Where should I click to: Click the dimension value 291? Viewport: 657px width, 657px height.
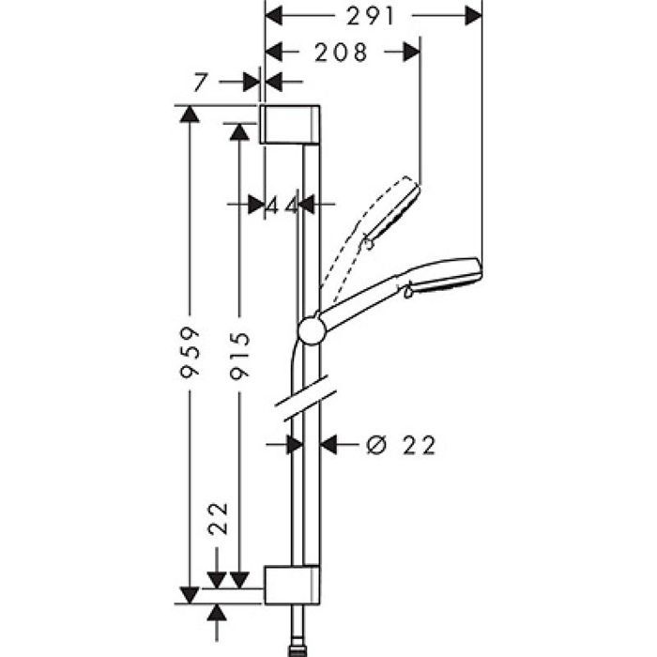tap(371, 16)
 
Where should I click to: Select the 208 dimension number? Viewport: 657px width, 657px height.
tap(341, 53)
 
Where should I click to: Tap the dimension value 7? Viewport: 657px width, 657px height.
tap(200, 83)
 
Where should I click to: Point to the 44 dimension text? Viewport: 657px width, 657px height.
tap(283, 206)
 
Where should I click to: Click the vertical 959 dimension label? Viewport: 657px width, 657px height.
tap(190, 353)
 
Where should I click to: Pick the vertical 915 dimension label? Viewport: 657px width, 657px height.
tap(239, 355)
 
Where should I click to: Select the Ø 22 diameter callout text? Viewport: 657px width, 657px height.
tap(401, 445)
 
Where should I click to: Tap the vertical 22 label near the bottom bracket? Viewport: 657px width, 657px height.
tap(219, 519)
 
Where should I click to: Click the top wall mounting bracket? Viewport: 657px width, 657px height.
tap(290, 125)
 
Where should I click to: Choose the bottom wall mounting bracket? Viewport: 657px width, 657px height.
tap(292, 586)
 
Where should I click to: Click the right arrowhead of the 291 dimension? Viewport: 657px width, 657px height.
tap(473, 16)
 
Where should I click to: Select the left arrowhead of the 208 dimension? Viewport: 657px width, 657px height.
tap(274, 53)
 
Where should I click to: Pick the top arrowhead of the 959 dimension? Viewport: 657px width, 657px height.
tap(189, 114)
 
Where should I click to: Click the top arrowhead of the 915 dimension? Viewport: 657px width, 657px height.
tap(239, 132)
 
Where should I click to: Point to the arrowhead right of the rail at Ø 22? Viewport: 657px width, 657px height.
tap(328, 445)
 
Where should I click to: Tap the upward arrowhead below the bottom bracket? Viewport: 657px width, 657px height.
tap(217, 613)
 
